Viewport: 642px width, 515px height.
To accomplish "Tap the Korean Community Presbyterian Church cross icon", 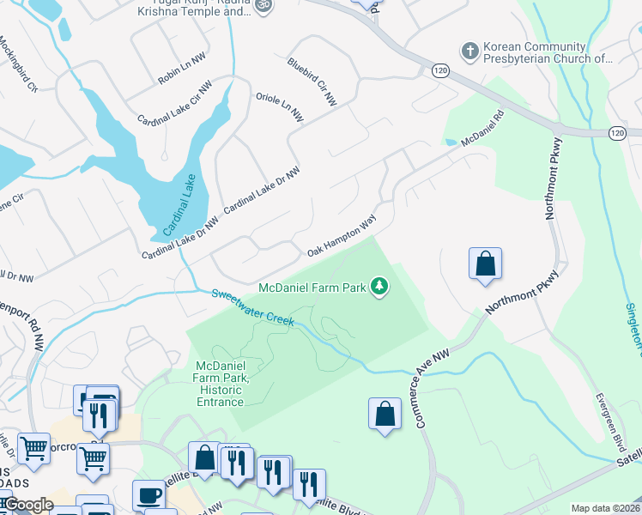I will pyautogui.click(x=469, y=51).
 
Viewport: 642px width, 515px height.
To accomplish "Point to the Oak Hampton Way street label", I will pyautogui.click(x=342, y=237).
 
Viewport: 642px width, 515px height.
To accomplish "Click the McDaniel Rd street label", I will pyautogui.click(x=481, y=128).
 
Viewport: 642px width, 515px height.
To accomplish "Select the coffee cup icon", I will pyautogui.click(x=148, y=496).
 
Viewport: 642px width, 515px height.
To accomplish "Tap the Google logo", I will pyautogui.click(x=27, y=505).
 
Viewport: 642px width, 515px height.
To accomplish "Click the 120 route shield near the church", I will pyautogui.click(x=440, y=69).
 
